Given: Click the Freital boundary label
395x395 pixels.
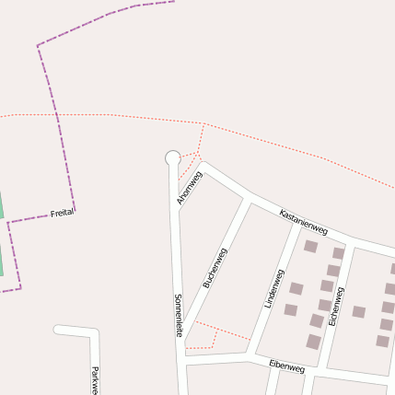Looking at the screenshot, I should click(x=63, y=212).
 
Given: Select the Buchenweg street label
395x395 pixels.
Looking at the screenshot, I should click(x=215, y=268).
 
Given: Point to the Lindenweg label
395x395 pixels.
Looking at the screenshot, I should click(x=273, y=288).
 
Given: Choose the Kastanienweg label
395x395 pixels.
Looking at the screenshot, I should click(x=303, y=221).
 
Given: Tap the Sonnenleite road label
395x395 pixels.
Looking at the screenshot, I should click(x=178, y=315).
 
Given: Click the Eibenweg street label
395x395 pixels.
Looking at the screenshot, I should click(x=286, y=366).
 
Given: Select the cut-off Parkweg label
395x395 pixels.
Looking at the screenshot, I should click(x=94, y=380).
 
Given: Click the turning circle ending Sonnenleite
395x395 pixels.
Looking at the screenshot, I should click(x=172, y=158).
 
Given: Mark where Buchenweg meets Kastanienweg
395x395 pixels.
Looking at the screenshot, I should click(x=248, y=198).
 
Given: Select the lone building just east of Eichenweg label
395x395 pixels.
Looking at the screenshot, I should click(x=358, y=311).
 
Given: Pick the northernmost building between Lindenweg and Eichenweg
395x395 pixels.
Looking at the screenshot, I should click(x=310, y=247).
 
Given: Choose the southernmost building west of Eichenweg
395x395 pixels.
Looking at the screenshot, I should click(x=313, y=342).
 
